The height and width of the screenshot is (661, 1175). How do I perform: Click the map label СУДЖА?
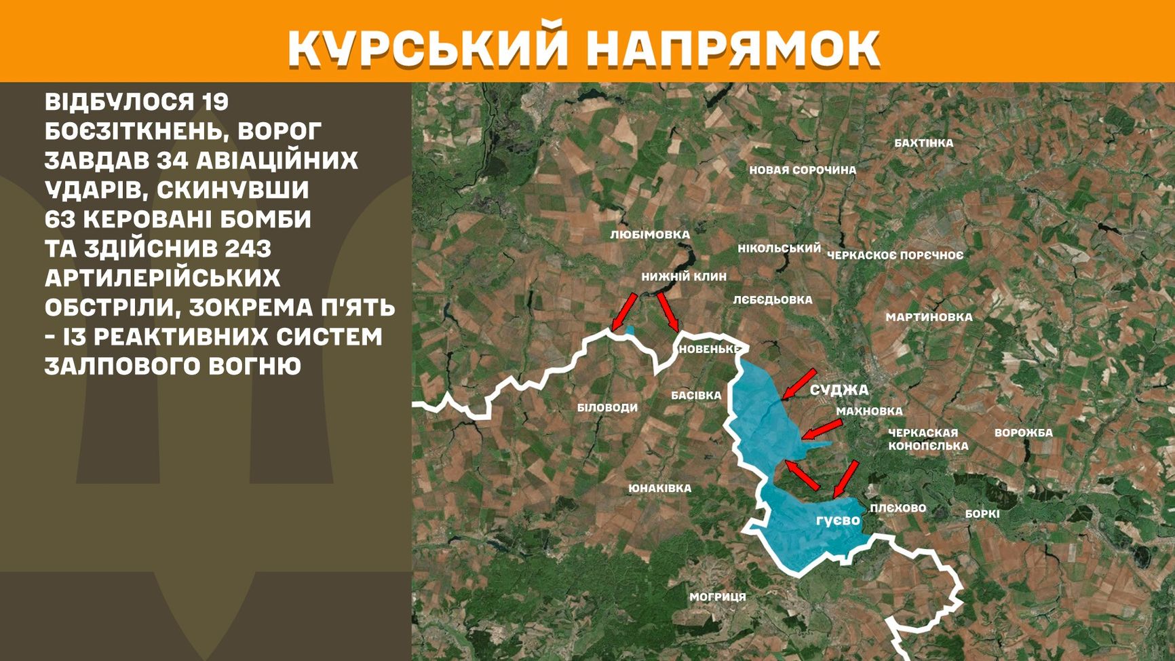839,390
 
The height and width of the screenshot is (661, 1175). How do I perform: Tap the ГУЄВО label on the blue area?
838,521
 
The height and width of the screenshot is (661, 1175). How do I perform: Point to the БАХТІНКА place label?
923,143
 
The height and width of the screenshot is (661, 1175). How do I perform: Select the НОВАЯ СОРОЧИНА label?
803,170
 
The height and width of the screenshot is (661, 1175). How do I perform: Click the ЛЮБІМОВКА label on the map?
649,235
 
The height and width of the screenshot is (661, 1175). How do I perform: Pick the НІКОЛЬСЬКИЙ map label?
779,248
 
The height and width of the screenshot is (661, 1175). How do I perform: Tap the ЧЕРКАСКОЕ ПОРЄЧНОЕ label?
895,255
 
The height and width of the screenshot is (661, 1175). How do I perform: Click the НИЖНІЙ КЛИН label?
684,277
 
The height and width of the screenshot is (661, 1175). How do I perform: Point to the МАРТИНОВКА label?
929,317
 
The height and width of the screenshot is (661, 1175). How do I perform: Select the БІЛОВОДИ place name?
607,408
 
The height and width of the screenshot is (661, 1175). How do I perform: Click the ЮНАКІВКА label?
659,488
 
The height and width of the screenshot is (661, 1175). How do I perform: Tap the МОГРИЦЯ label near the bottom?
717,597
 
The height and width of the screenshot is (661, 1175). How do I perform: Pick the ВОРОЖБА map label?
1023,433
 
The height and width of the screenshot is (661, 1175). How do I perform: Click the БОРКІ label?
982,514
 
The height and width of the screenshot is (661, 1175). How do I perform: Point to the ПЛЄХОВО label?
898,508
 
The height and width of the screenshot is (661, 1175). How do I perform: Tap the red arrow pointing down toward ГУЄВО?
845,478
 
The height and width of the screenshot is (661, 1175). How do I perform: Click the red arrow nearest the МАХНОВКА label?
822,430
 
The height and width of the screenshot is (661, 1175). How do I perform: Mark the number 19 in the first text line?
214,102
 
